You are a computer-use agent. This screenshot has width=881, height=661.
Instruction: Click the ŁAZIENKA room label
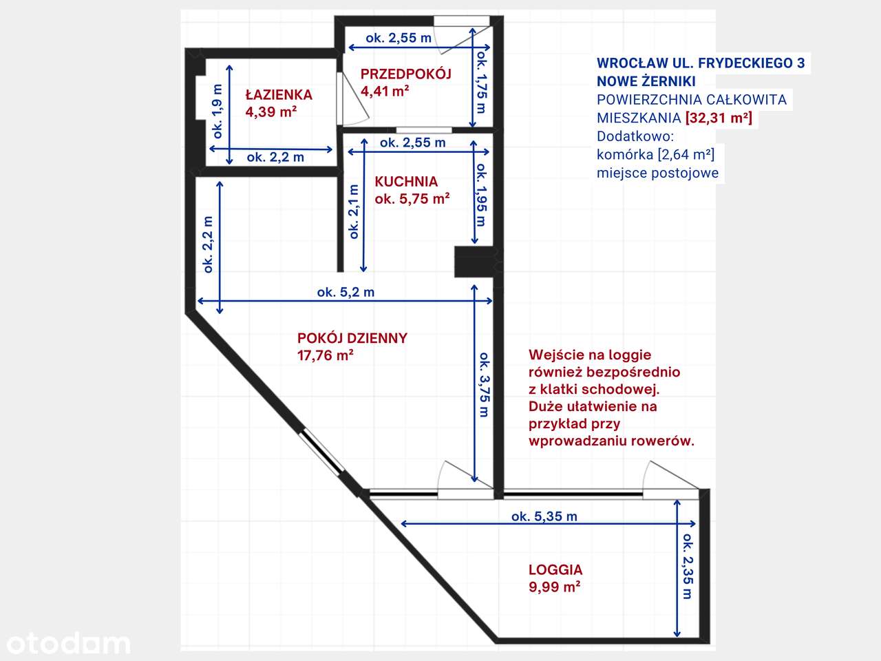(279, 95)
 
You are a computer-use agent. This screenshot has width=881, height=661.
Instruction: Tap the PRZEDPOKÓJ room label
(405, 74)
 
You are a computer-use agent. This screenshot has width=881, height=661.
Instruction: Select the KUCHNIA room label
(406, 182)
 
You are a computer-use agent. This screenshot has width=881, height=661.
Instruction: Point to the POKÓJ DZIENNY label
(352, 338)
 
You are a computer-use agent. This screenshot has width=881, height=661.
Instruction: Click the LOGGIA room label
(555, 570)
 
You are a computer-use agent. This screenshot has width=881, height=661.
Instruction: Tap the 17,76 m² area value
(325, 356)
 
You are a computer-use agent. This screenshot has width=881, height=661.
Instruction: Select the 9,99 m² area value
(554, 587)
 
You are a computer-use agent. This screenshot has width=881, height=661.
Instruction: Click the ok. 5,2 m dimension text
(346, 292)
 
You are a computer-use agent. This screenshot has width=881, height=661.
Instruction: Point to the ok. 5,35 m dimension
(544, 516)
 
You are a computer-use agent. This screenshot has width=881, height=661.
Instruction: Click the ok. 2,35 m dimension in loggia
(687, 566)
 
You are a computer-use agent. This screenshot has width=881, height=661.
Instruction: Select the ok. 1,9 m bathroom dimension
(217, 111)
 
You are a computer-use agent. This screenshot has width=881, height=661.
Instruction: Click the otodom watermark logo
(68, 643)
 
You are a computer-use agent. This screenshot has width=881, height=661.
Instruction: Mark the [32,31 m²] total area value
(719, 118)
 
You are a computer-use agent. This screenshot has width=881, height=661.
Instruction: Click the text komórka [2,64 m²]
(655, 154)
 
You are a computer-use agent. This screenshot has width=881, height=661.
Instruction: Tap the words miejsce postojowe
(657, 173)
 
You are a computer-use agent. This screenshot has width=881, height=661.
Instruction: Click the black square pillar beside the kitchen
(474, 262)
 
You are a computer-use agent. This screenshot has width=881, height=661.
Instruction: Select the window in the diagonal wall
(322, 452)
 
